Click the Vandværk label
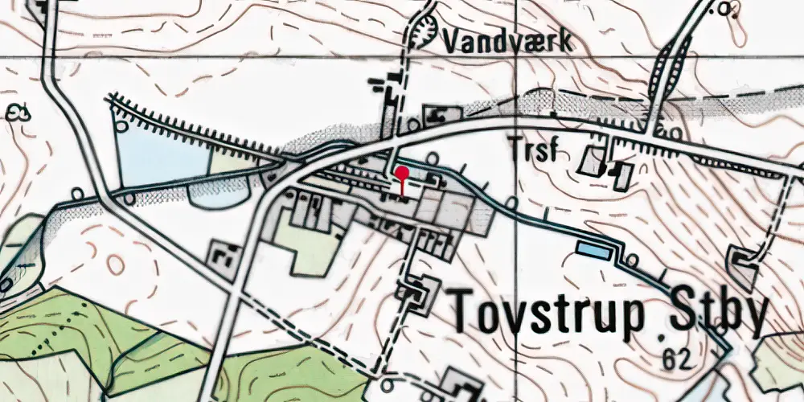(507, 41)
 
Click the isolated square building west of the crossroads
(223, 256)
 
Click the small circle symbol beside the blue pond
(632, 259)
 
